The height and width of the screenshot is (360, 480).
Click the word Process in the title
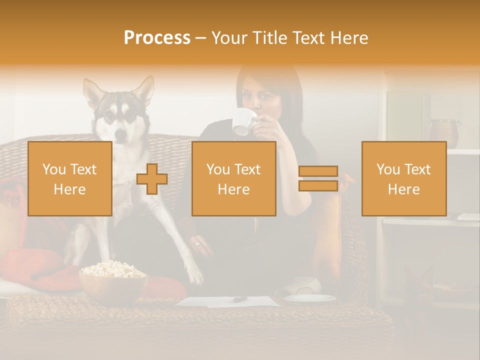[x=157, y=38]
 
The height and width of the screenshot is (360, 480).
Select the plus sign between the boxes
[x=152, y=179]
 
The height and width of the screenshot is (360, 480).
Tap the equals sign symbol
[x=318, y=179]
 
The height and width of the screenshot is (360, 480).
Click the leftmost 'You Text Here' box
[x=69, y=179]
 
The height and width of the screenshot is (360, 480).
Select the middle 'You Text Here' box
[x=233, y=179]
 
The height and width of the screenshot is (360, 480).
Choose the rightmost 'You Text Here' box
[x=403, y=179]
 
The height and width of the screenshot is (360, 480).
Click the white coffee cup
[x=244, y=121]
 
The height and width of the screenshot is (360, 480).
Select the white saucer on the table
[x=310, y=298]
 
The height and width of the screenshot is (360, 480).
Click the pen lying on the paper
[x=239, y=299]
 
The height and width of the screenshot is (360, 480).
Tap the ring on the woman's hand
[x=197, y=244]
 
